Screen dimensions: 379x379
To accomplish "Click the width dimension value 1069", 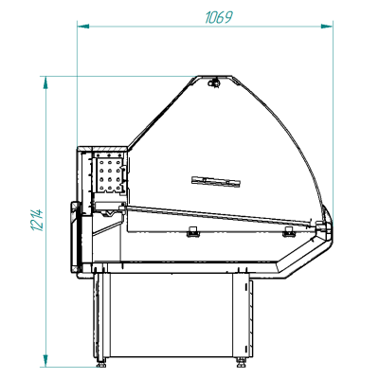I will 218,17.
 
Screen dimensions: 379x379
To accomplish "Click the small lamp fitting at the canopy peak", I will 215,83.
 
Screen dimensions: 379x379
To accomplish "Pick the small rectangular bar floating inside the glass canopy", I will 212,178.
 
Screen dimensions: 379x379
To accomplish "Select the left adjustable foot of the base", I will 101,359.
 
